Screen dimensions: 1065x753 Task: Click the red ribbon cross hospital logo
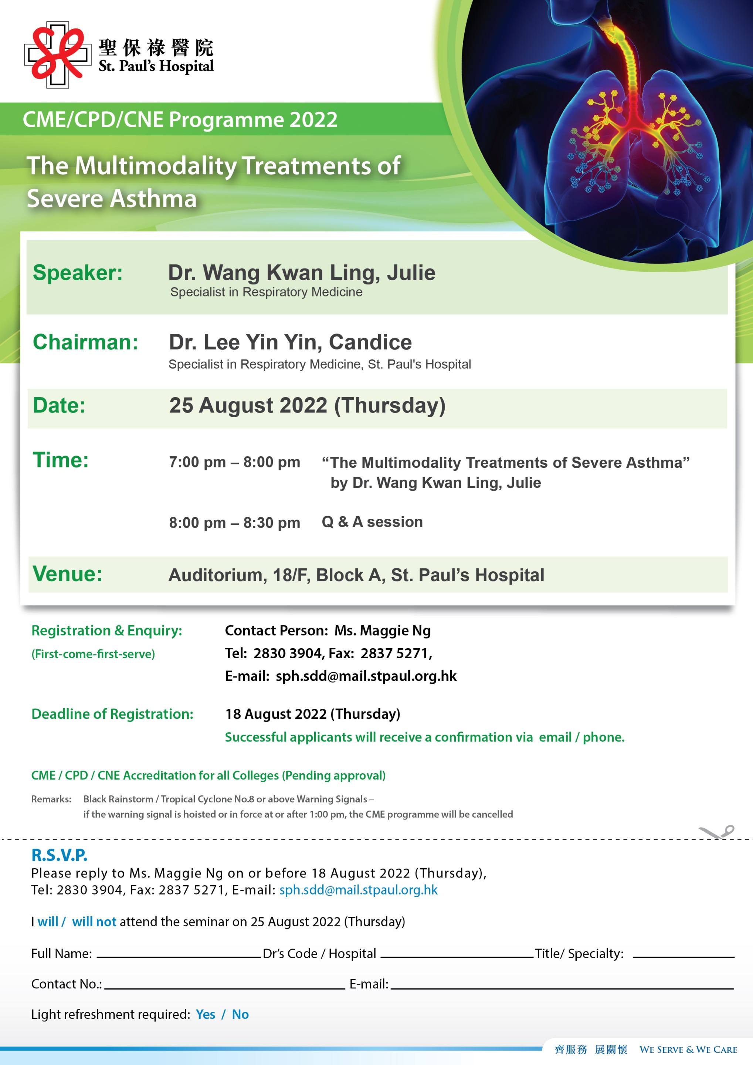58,54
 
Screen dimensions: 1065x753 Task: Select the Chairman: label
85,342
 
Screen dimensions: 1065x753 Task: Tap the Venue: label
67,574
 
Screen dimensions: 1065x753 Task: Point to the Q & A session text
372,522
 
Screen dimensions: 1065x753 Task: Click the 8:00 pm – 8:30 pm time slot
234,523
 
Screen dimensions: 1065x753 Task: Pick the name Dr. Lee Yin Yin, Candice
290,342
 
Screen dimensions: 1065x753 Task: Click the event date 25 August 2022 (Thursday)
307,405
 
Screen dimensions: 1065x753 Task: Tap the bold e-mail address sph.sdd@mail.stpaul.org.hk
366,676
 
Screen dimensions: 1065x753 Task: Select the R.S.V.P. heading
60,855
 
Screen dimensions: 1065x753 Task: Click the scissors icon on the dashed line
717,832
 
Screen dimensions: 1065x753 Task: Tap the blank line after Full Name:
178,954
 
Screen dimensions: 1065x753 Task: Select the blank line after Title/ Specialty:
683,954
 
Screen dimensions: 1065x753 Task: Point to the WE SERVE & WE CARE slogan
688,1050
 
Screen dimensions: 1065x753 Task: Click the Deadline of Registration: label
112,714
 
